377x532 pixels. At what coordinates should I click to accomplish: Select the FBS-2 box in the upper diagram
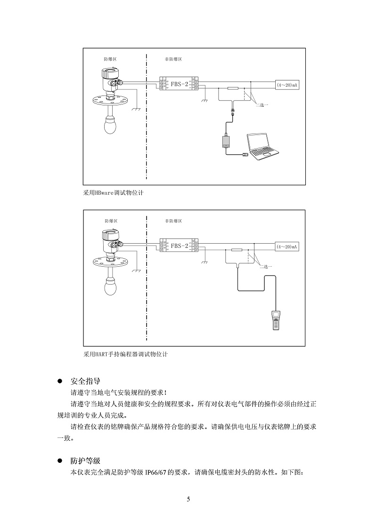[179, 84]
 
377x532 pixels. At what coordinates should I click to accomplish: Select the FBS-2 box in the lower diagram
[179, 246]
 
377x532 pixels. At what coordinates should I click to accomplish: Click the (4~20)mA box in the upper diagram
[287, 85]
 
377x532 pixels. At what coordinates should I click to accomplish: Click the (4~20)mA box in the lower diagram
[287, 246]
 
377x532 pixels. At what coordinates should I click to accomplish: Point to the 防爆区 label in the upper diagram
[110, 59]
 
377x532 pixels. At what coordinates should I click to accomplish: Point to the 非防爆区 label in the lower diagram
[173, 221]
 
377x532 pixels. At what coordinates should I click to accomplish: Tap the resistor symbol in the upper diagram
[233, 88]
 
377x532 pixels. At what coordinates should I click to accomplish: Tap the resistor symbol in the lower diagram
[237, 250]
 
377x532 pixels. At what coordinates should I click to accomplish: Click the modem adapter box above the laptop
[227, 141]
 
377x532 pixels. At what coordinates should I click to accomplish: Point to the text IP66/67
[156, 472]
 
